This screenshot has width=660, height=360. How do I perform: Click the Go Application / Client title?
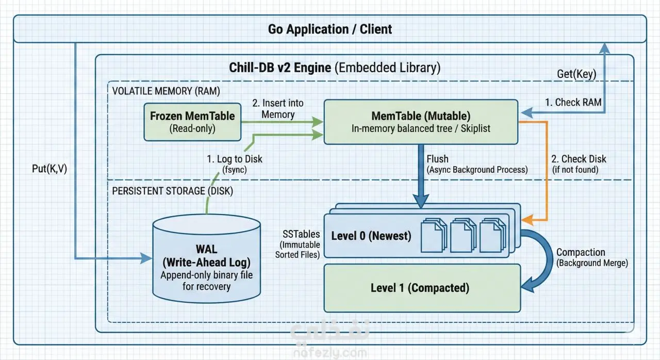(330, 29)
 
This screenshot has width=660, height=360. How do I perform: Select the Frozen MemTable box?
(192, 122)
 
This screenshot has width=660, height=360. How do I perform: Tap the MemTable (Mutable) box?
(421, 122)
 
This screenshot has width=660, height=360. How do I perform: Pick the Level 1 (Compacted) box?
(422, 288)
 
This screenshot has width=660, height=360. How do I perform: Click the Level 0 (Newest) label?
(371, 236)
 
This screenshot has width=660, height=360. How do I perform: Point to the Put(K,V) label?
(49, 169)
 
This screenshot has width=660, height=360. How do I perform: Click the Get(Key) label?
(576, 74)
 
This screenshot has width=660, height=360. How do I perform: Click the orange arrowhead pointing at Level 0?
(527, 220)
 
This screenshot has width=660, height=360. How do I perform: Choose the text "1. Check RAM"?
(573, 102)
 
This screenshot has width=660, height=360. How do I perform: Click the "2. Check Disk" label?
(579, 159)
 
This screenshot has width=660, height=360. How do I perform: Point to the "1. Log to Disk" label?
(235, 159)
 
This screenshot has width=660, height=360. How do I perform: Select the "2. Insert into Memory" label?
(278, 108)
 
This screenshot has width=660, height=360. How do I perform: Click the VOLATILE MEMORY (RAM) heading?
(166, 91)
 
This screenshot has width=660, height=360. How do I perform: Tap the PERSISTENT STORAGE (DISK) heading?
(172, 191)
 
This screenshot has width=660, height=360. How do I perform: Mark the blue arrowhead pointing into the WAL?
(146, 258)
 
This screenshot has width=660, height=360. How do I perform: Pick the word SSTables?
(301, 234)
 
